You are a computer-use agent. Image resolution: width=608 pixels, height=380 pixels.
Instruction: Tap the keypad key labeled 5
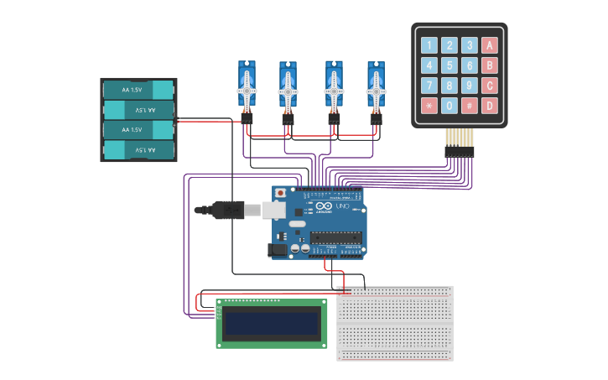tap(450, 65)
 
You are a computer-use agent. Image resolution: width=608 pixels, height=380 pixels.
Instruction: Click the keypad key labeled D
tap(490, 106)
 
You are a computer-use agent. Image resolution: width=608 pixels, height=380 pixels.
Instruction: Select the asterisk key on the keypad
tap(429, 106)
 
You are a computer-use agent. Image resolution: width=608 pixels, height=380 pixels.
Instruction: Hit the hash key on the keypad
tap(470, 106)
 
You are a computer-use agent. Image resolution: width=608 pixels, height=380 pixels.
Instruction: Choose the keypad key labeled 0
tap(450, 106)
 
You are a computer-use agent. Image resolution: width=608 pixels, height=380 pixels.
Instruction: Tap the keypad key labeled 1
tap(429, 45)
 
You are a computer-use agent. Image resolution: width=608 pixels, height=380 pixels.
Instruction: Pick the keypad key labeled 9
tap(470, 86)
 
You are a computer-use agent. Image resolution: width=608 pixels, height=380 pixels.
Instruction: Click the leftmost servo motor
tap(247, 86)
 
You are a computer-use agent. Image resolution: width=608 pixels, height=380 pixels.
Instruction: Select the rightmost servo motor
tap(376, 86)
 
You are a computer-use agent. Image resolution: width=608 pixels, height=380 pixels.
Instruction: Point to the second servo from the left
tap(288, 86)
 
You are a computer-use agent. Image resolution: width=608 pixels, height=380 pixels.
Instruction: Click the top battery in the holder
tap(138, 90)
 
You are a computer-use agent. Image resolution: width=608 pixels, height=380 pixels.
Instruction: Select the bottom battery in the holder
tap(138, 150)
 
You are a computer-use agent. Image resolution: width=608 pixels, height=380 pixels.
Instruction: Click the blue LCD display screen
tap(272, 323)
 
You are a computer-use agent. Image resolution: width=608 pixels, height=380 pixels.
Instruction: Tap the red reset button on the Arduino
tap(280, 193)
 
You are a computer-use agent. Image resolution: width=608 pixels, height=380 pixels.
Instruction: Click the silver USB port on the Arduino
tap(274, 209)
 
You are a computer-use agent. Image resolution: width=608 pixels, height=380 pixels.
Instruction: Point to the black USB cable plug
tap(227, 210)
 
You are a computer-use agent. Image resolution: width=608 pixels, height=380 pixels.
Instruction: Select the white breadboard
tap(394, 323)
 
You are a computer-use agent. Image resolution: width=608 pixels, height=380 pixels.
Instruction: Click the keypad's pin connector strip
tap(459, 152)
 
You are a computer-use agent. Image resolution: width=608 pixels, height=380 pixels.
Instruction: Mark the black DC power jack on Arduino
tap(278, 249)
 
